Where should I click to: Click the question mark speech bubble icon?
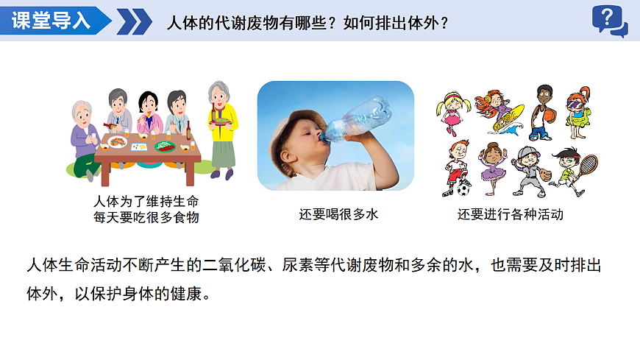(x=609, y=20)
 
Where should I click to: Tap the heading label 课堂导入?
(x=51, y=21)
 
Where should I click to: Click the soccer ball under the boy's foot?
(x=463, y=189)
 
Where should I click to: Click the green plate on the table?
(x=164, y=145)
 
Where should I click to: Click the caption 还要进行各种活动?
(x=510, y=215)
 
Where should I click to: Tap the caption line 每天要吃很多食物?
(x=146, y=217)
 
